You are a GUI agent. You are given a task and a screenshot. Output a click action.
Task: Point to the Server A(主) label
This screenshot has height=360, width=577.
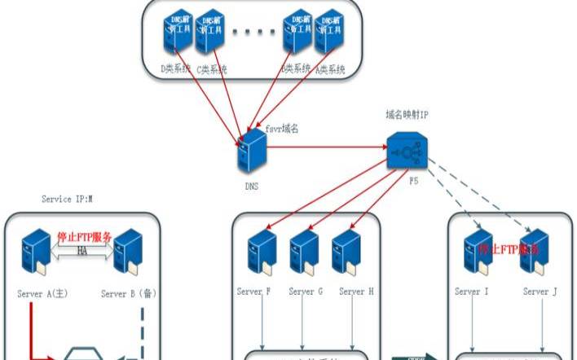44,293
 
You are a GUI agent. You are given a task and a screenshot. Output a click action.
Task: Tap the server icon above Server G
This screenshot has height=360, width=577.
303,252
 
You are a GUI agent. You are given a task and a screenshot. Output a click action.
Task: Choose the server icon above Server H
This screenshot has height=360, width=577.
346,252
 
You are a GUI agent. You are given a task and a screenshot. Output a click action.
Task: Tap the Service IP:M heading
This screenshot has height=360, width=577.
67,199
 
